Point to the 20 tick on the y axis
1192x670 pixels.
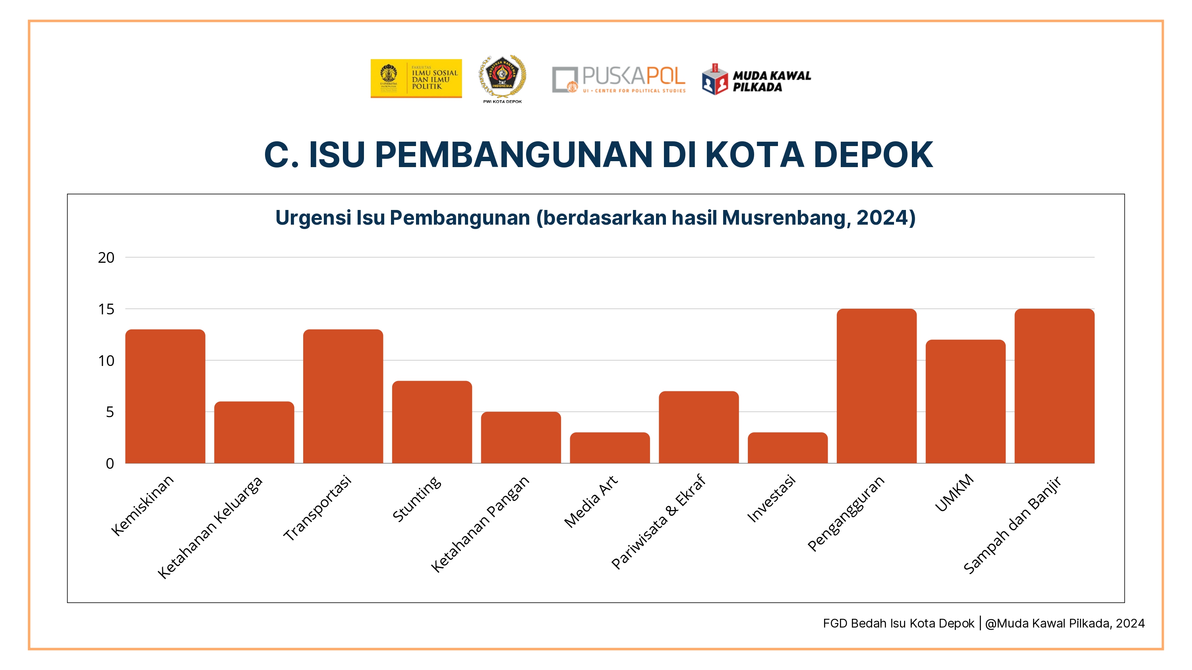pos(106,258)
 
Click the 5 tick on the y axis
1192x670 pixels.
pos(110,412)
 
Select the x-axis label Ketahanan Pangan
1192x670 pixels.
pos(480,524)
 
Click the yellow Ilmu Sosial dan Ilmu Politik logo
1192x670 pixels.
pos(416,78)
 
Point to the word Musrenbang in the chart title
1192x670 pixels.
pos(785,218)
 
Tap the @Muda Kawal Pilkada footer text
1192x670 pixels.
pos(1064,623)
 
